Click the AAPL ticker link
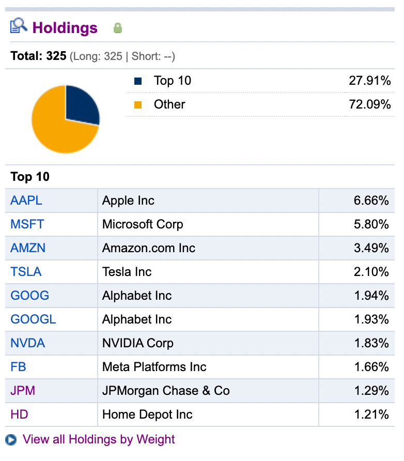click(x=26, y=201)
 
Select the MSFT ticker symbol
click(x=27, y=224)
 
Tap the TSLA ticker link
click(x=26, y=272)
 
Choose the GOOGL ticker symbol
click(x=33, y=319)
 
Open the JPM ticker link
click(x=23, y=391)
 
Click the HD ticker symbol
click(x=20, y=414)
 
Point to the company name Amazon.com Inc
click(x=149, y=248)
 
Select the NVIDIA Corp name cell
click(x=138, y=343)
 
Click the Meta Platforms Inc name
click(x=154, y=367)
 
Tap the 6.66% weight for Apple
click(x=371, y=201)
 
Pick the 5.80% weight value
click(x=371, y=224)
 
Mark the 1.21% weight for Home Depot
click(x=371, y=414)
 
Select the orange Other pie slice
click(x=57, y=129)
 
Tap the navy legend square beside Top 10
click(x=138, y=81)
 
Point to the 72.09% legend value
click(x=370, y=104)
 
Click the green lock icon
click(x=118, y=28)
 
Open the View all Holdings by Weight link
click(x=99, y=439)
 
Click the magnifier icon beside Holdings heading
click(x=19, y=26)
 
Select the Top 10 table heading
click(x=30, y=177)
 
